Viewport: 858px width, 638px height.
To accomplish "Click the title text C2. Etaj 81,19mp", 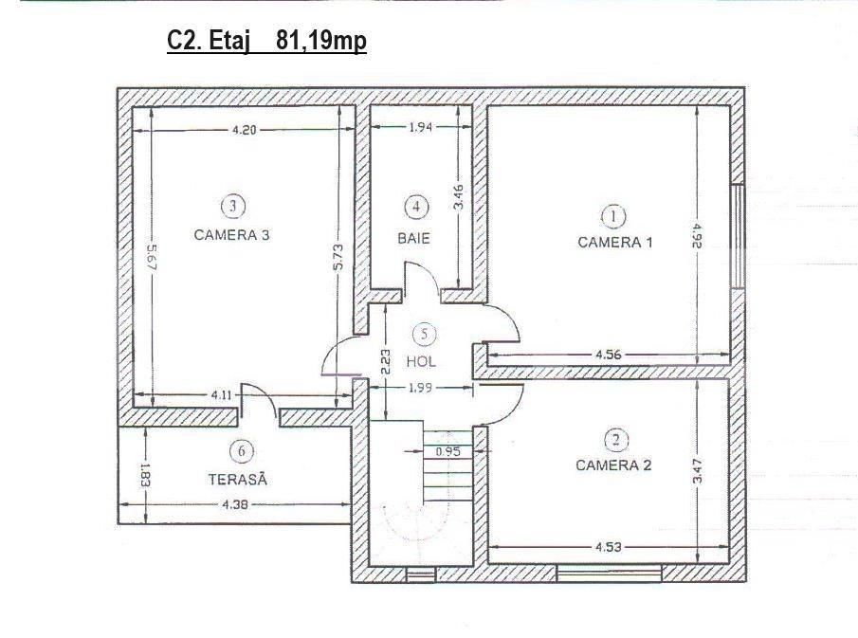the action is pos(266,41).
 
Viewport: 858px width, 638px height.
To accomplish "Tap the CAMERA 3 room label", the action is pos(232,235).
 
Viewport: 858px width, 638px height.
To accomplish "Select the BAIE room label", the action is pos(413,239).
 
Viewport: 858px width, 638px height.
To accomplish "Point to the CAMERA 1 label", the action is pos(615,243).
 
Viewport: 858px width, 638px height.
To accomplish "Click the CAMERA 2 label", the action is pos(613,465).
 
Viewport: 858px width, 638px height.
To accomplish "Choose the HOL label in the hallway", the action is pos(421,362).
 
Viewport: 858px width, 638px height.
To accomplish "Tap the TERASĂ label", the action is pos(237,480).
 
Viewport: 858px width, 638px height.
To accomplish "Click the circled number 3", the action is pos(233,207).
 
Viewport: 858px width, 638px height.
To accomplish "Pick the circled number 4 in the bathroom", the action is pos(416,207).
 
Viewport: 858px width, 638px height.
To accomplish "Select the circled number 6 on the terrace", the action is pos(242,451).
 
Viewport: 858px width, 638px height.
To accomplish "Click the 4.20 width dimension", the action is pos(244,130).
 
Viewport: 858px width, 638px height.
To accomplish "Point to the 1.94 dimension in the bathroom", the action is pos(421,127).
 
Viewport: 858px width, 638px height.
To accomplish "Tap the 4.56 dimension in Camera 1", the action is pos(609,355).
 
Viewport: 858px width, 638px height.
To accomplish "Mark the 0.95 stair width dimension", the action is pos(447,452).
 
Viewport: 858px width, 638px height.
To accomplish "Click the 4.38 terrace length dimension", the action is pos(235,504).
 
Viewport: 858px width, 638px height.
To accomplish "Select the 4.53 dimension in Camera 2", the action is pos(609,547).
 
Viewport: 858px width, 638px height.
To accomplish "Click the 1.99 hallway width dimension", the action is pos(420,388).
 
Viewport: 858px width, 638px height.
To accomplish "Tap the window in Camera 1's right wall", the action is pos(738,236).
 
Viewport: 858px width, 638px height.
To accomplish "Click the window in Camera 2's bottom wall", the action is pos(609,574).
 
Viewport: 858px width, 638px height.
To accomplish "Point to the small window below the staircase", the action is pos(421,574).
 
